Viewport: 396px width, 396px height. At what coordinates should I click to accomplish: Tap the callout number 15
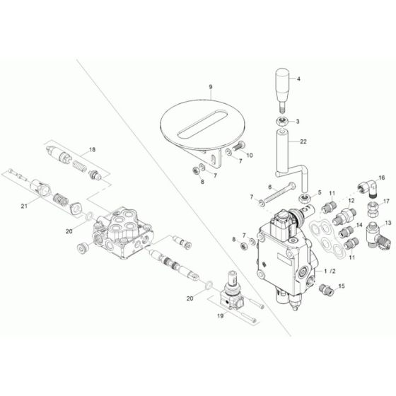[342, 286]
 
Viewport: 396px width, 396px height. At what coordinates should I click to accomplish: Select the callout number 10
[248, 155]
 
